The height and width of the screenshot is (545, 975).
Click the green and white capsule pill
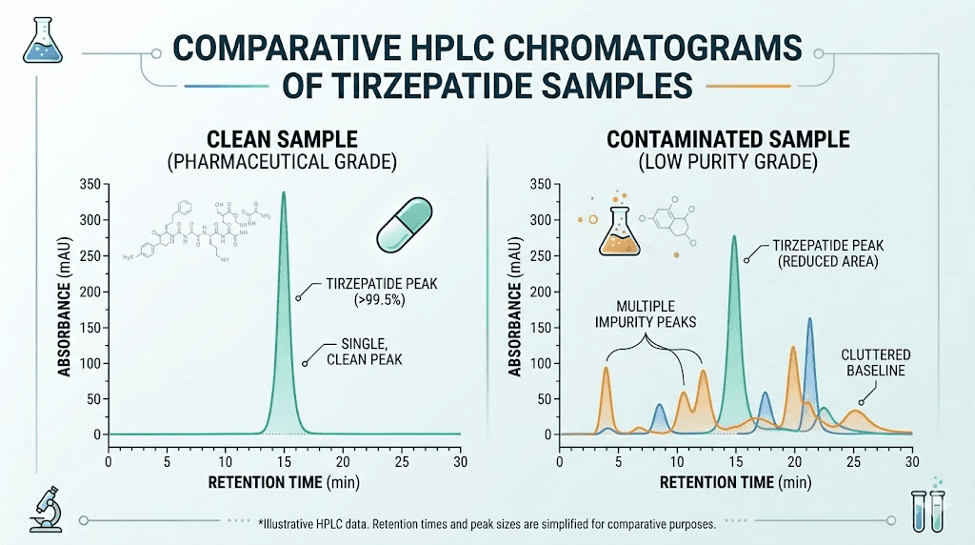tap(406, 225)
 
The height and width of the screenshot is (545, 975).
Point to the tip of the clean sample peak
tap(283, 193)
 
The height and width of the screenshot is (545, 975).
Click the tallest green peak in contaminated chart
tap(733, 238)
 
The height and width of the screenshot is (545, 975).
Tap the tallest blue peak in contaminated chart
tap(809, 321)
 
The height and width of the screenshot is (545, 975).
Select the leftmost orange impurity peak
tap(606, 370)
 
